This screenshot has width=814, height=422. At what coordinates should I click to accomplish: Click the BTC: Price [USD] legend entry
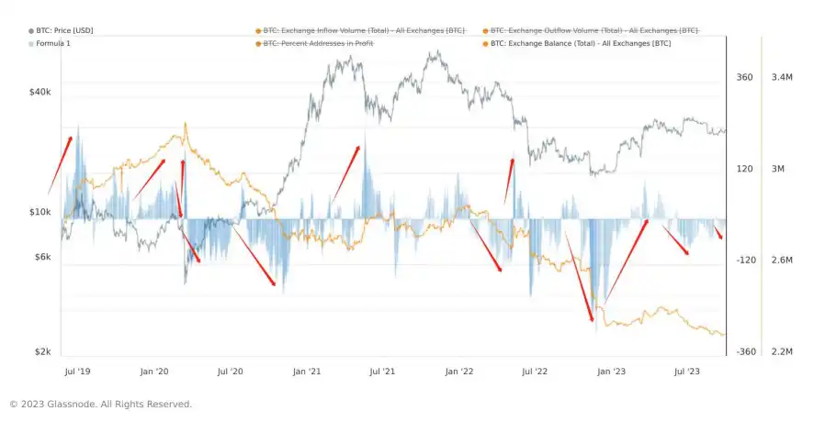click(64, 30)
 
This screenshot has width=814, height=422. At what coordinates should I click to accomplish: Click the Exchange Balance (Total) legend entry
click(581, 43)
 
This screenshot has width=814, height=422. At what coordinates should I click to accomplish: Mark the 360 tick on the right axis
click(744, 77)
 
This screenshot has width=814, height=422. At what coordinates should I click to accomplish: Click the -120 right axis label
click(746, 261)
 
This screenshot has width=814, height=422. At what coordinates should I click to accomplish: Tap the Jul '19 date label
click(76, 372)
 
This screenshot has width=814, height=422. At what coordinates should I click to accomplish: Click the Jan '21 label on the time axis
click(306, 372)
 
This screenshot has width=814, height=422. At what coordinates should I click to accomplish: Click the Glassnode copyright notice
click(100, 404)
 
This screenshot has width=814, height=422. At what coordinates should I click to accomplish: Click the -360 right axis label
click(746, 352)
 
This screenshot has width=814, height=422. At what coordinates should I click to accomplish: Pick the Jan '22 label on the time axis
click(458, 372)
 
